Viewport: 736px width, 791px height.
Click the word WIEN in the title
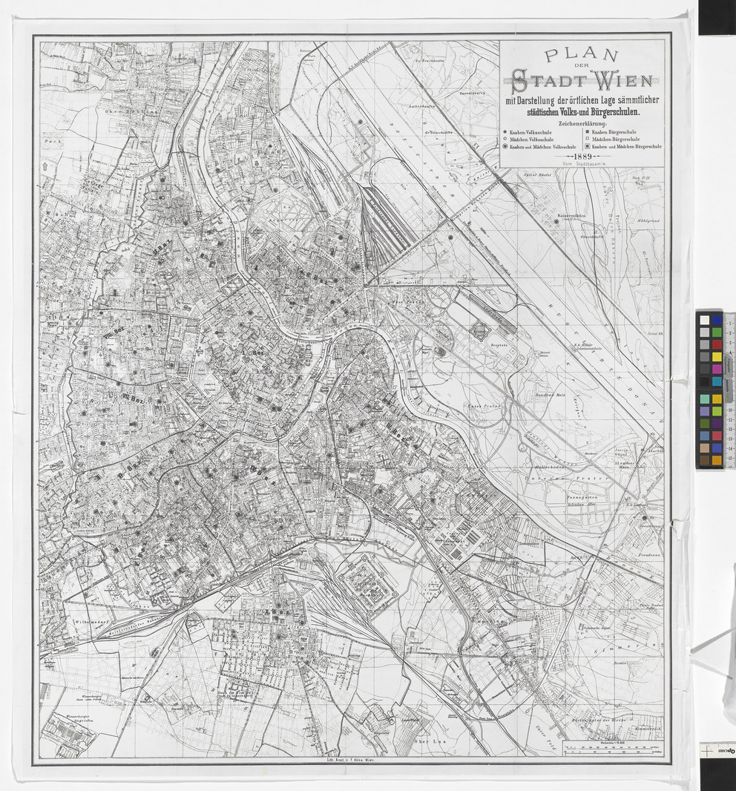[614, 79]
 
